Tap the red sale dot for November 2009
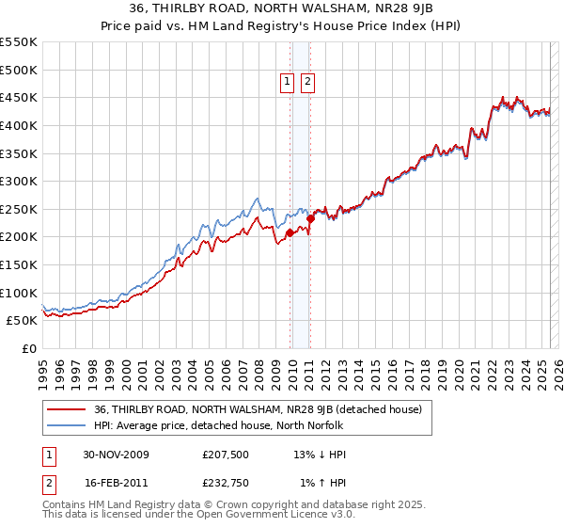[x=290, y=232]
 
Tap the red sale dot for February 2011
[x=310, y=218]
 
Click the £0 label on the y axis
[x=29, y=348]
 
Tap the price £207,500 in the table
[x=226, y=455]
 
